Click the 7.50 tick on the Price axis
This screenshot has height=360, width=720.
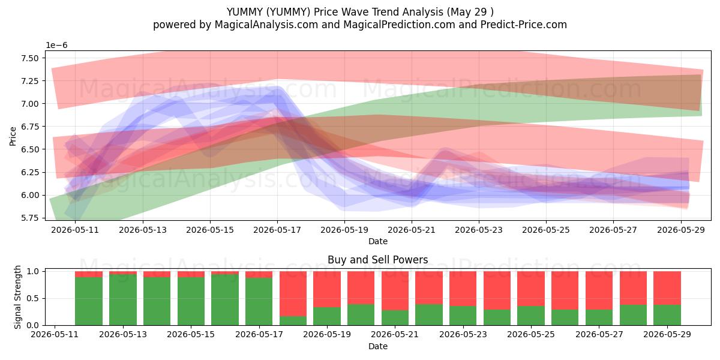coord(29,58)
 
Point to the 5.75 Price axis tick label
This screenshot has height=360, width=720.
coord(29,218)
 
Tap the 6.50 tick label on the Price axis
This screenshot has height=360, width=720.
coord(29,149)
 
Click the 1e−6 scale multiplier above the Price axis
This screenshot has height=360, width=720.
coord(56,46)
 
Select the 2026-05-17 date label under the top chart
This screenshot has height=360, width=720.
coord(277,230)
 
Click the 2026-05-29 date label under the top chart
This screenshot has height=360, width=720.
coord(681,230)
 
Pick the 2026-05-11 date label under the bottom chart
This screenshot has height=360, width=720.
coord(55,334)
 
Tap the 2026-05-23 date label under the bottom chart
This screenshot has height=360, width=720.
coord(463,334)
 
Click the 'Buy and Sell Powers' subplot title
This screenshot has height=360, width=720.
coord(377,260)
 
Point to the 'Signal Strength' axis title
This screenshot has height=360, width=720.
coord(17,297)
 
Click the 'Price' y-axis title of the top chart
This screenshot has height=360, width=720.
coord(13,136)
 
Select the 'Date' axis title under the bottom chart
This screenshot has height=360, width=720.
coord(378,346)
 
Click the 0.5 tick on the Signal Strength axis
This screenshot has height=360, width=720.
coord(33,299)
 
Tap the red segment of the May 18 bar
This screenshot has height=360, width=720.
coord(293,294)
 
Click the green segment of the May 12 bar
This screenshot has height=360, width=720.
coord(89,301)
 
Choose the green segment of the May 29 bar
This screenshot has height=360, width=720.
coord(667,315)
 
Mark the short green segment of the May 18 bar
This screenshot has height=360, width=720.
coord(293,321)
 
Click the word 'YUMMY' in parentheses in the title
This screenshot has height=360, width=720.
coord(289,12)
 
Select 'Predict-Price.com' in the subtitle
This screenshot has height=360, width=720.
coord(524,25)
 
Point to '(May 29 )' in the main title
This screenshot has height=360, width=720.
coord(470,12)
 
